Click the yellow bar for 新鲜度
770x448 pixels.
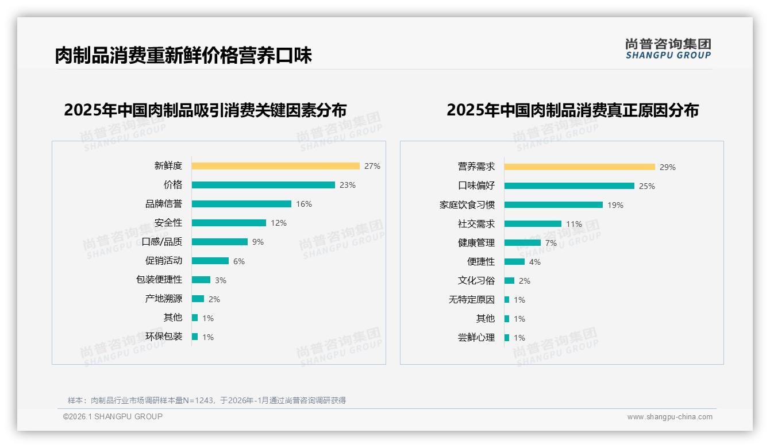tap(275, 166)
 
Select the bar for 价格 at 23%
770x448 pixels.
tap(263, 185)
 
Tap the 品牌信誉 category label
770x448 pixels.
tap(163, 204)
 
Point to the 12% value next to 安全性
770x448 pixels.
tap(279, 223)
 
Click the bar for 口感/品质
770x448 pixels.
tap(220, 242)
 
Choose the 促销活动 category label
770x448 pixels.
tap(163, 261)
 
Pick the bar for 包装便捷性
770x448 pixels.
tap(201, 280)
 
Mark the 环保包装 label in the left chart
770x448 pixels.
tap(163, 337)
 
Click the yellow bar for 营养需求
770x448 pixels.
tap(579, 167)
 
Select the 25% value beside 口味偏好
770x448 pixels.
tap(647, 186)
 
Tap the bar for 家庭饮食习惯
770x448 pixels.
tap(553, 205)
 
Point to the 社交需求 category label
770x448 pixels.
tap(476, 224)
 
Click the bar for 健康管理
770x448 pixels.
tap(522, 243)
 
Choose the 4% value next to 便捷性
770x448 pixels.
tap(534, 262)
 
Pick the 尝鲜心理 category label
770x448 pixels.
tap(476, 338)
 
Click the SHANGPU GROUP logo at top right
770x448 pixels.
tap(668, 49)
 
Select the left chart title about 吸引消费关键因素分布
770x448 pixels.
tap(205, 110)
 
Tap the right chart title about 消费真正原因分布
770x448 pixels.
tap(572, 110)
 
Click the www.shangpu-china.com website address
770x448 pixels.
tap(669, 417)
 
